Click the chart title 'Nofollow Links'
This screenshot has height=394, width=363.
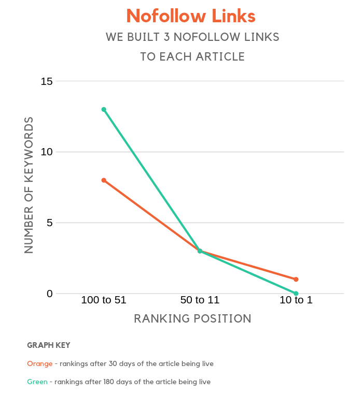(x=191, y=16)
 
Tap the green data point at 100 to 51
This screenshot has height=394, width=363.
(x=104, y=109)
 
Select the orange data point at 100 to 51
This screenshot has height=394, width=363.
(x=104, y=180)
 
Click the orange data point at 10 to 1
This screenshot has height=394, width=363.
(x=296, y=280)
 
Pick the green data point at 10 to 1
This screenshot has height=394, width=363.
(x=296, y=294)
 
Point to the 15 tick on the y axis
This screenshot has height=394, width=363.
(x=47, y=81)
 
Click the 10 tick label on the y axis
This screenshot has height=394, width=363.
(x=47, y=152)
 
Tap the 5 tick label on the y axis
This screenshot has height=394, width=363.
(x=50, y=223)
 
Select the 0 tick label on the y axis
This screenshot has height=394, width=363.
(x=50, y=294)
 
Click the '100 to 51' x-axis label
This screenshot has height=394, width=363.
(x=104, y=300)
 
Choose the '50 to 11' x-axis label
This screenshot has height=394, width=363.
(x=200, y=300)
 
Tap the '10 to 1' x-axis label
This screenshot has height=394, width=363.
(x=296, y=300)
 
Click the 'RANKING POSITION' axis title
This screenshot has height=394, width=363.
(x=192, y=318)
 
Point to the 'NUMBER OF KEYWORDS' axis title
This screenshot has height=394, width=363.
(x=29, y=185)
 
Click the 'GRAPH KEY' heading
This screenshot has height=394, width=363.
(x=48, y=345)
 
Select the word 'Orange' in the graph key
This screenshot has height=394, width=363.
(x=39, y=363)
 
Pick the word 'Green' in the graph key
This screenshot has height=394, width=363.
(x=37, y=382)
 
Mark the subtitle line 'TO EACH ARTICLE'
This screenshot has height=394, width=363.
(x=192, y=56)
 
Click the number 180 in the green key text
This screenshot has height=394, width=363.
(x=102, y=382)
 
